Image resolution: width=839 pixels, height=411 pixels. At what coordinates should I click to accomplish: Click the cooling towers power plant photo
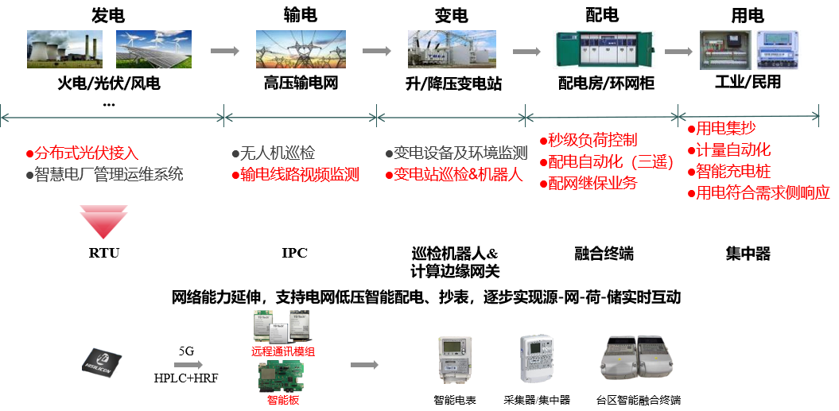(x=65, y=49)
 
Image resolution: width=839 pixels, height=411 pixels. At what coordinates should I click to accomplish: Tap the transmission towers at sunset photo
(x=301, y=49)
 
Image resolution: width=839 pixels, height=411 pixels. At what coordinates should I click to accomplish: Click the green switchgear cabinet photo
(x=604, y=49)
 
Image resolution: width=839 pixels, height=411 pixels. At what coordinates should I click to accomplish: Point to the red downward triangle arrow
(x=103, y=222)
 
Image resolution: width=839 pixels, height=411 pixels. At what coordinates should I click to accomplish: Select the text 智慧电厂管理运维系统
(x=108, y=174)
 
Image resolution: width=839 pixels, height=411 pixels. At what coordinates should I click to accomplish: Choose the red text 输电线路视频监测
(x=299, y=174)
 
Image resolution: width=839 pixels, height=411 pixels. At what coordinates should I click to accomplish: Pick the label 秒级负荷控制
(x=592, y=141)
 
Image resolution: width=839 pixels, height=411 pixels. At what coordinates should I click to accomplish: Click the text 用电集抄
(x=724, y=128)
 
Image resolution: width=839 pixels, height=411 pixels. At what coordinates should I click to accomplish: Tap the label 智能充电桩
(x=732, y=171)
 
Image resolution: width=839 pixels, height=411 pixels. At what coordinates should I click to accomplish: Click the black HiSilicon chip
(x=101, y=364)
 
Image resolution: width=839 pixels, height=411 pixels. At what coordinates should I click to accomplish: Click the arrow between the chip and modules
(x=188, y=365)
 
